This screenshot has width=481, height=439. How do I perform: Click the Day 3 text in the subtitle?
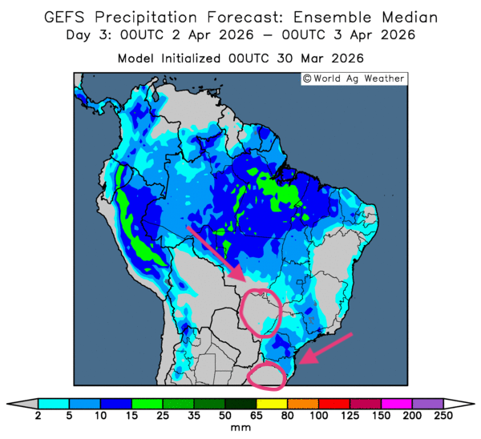pos(90,35)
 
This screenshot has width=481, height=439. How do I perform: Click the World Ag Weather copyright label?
pos(354,79)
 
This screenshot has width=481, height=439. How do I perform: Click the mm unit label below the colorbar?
pos(240,429)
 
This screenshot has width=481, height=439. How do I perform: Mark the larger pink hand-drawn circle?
pos(262,312)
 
